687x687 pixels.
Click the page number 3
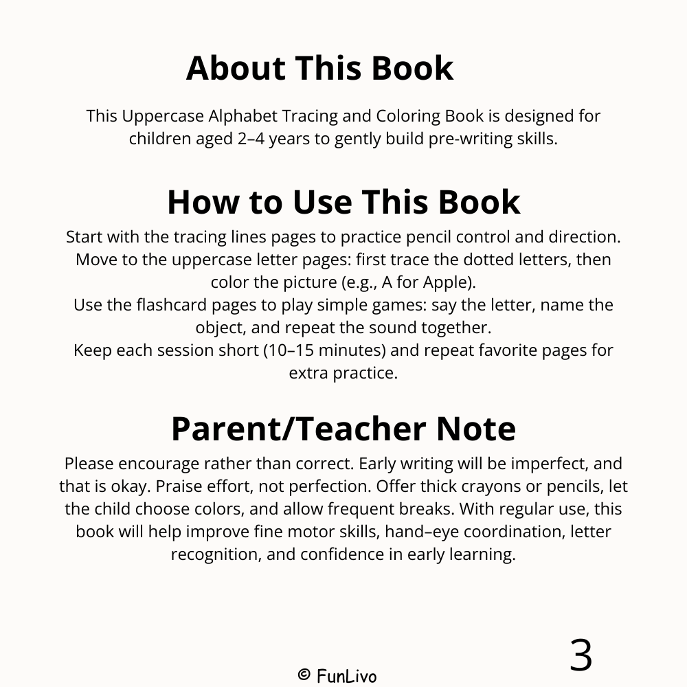click(581, 655)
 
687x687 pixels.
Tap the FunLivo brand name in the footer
click(346, 676)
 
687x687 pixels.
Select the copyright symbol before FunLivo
click(304, 675)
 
